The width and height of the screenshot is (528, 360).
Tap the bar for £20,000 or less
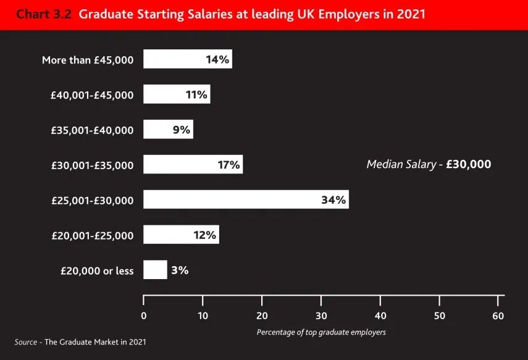tap(155, 270)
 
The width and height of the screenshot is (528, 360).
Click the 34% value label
tap(334, 200)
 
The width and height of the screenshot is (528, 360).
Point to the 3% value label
tap(180, 270)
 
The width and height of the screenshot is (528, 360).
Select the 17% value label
tap(228, 165)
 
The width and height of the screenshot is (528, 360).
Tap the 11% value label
tap(196, 94)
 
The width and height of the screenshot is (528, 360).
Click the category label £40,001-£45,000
tap(92, 95)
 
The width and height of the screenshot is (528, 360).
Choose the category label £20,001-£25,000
tap(92, 235)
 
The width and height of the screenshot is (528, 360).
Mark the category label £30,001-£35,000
tap(92, 165)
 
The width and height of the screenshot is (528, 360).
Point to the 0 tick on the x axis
tap(144, 316)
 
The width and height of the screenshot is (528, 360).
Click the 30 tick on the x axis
tap(321, 316)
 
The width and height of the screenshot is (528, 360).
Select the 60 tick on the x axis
tap(498, 316)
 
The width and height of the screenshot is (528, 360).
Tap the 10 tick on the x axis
tap(203, 316)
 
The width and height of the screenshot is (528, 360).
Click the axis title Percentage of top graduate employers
tap(321, 332)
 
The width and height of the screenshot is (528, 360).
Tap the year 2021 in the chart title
tap(411, 14)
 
